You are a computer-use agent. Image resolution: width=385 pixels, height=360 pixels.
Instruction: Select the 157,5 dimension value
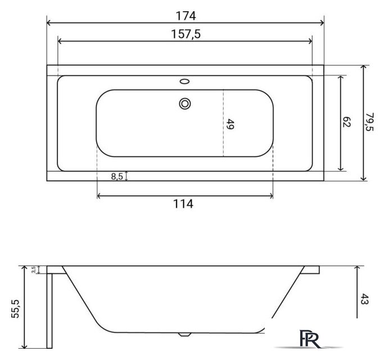pos(185,34)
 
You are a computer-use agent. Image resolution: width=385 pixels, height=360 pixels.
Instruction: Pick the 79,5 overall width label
pos(370,122)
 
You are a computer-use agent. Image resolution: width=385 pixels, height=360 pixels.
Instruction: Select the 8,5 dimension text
pos(117,177)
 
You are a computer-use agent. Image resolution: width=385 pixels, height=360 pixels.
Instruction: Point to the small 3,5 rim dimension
pos(34,269)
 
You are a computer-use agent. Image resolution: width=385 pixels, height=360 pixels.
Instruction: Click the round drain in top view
pos(185,103)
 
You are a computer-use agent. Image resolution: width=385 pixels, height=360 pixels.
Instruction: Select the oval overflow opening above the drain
pos(185,82)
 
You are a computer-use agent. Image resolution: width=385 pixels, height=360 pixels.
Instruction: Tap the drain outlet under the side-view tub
pos(184,334)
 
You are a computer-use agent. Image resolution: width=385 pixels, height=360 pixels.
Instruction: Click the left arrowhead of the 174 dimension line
pos(48,23)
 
